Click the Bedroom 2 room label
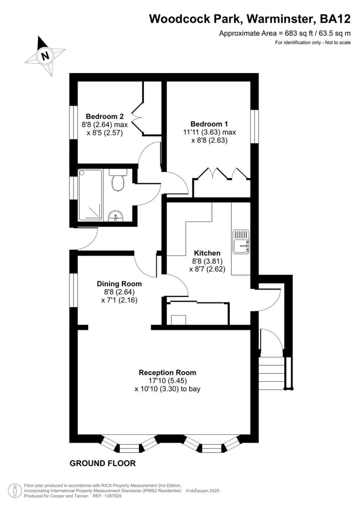[105, 116]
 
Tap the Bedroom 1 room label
[209, 124]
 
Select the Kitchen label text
[207, 253]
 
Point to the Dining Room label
[119, 284]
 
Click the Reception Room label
[167, 373]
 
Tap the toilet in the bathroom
[117, 181]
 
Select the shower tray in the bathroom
[90, 195]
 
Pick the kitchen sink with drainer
[241, 241]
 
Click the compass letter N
[45, 56]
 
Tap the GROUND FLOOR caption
[103, 463]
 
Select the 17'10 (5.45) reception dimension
[167, 381]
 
